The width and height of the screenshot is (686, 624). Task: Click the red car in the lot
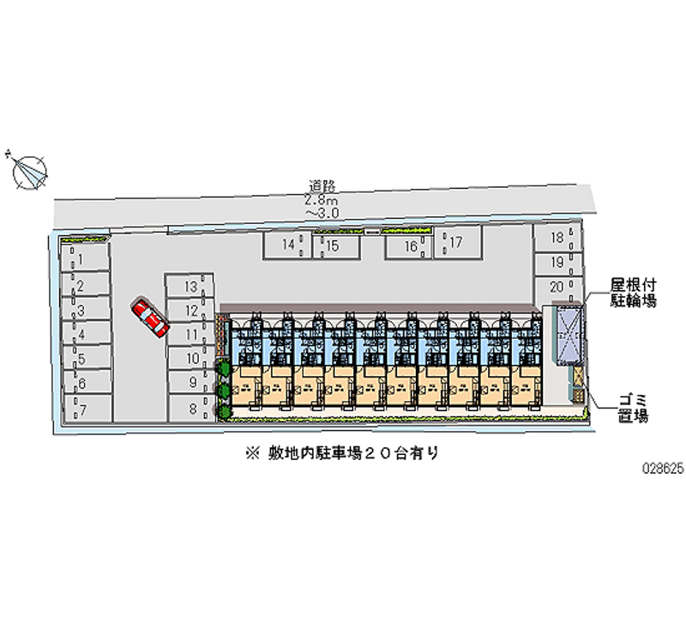coord(151,318)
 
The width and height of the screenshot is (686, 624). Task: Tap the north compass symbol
coord(30,170)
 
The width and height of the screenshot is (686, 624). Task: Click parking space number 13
coord(191,286)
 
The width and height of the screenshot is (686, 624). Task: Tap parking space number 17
coord(456,243)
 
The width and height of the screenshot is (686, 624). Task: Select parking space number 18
coord(557,238)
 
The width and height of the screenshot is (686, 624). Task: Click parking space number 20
coord(557,286)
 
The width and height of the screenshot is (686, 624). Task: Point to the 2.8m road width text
coord(322,198)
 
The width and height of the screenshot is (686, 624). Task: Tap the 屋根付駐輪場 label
coord(633,292)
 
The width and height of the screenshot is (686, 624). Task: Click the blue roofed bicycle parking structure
coord(568,335)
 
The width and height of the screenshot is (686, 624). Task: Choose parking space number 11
coord(191,335)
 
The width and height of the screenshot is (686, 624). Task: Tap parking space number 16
coord(411,246)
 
